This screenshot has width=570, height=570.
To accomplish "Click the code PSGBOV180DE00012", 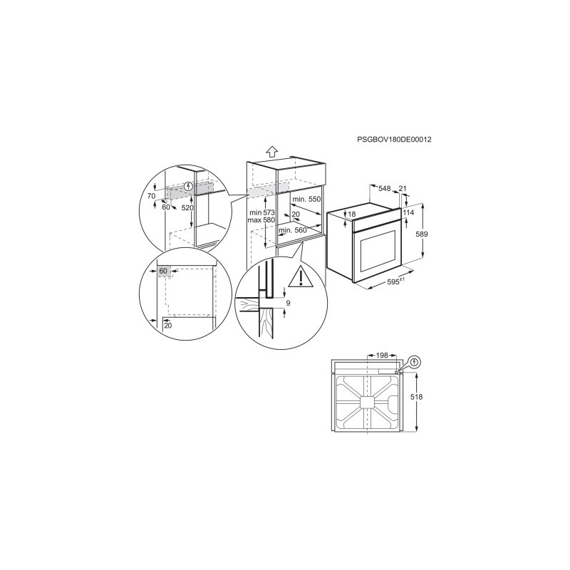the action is coord(395,139).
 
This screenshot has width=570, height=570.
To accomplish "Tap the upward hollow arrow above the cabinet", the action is coord(271,152).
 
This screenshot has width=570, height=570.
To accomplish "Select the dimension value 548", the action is coord(384,188).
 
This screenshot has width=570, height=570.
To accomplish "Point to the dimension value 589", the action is coord(422,234).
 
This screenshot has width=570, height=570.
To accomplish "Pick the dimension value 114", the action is coord(408,212).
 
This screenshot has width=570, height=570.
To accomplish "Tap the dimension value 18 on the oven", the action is coord(351,214).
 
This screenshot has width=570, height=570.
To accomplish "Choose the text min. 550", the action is coord(306,199).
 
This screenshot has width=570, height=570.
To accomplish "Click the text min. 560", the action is coord(293,230).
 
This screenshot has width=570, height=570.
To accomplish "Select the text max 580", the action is coord(261,220).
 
